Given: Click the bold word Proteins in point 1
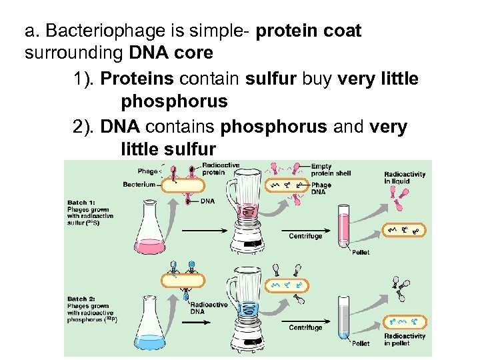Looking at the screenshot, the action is tap(137, 79).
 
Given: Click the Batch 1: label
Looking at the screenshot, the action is tap(81, 202).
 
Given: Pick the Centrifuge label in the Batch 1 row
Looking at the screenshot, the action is tap(305, 236).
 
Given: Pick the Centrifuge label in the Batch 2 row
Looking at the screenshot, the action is tap(305, 327).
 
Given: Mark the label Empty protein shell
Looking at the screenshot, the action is tap(331, 170).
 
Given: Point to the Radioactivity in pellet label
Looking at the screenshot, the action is tap(405, 340).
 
